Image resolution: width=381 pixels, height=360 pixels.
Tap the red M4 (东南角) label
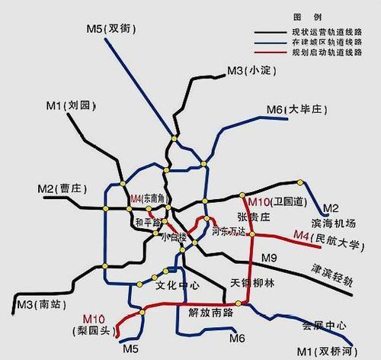[x=149, y=199]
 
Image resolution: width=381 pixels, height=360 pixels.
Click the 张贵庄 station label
[x=254, y=217]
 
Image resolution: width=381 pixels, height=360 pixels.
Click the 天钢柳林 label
[x=251, y=283]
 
